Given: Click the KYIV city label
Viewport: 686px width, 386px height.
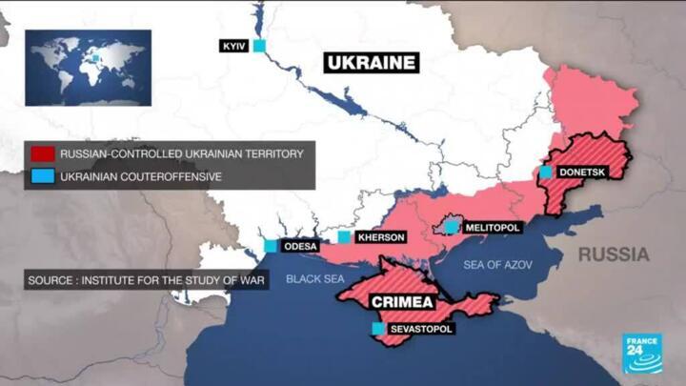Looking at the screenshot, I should (x=234, y=46).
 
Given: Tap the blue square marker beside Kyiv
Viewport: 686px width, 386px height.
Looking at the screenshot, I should (x=258, y=46).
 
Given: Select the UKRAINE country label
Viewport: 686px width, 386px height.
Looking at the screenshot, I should (x=372, y=64).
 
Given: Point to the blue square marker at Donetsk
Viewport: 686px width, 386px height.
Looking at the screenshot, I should (x=546, y=173).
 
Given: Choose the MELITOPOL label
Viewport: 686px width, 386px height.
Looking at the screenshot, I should (x=492, y=229).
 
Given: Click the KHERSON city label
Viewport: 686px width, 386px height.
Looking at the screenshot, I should (x=381, y=237).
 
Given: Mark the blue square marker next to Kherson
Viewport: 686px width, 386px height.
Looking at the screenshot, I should (x=344, y=237).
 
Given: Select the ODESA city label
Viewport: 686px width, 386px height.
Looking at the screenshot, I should (x=299, y=246).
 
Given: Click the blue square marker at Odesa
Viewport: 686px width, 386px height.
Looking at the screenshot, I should (x=271, y=246).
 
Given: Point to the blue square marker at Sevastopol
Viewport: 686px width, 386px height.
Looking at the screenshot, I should (x=378, y=329).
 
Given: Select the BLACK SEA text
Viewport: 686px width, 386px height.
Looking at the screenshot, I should (x=314, y=279).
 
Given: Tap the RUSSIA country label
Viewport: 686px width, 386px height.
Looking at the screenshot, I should (x=613, y=254).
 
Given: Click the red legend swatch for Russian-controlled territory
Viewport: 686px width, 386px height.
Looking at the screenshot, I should (x=42, y=153).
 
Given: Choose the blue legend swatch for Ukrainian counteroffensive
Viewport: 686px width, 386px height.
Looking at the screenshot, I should (x=42, y=176).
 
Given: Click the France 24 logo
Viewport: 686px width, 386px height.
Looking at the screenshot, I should (x=643, y=354).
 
